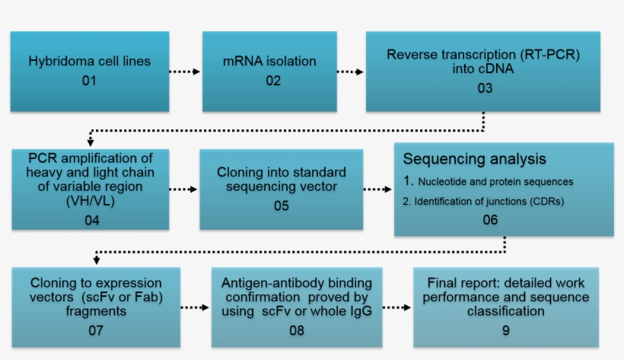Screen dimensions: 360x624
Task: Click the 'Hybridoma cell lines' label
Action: (x=89, y=61)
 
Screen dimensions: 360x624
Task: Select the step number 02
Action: (x=273, y=81)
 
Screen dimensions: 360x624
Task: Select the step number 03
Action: (x=485, y=88)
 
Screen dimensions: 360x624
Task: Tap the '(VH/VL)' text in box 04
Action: (x=91, y=204)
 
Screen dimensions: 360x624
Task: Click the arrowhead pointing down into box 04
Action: (x=91, y=142)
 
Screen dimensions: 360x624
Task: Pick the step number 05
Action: (x=281, y=205)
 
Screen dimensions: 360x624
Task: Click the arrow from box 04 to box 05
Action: (x=183, y=189)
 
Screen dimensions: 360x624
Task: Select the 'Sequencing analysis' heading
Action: (x=474, y=159)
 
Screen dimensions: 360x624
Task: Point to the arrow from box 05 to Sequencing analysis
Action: (x=377, y=189)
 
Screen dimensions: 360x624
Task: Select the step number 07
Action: (x=95, y=330)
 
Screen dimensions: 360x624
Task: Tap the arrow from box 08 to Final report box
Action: (x=396, y=307)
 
